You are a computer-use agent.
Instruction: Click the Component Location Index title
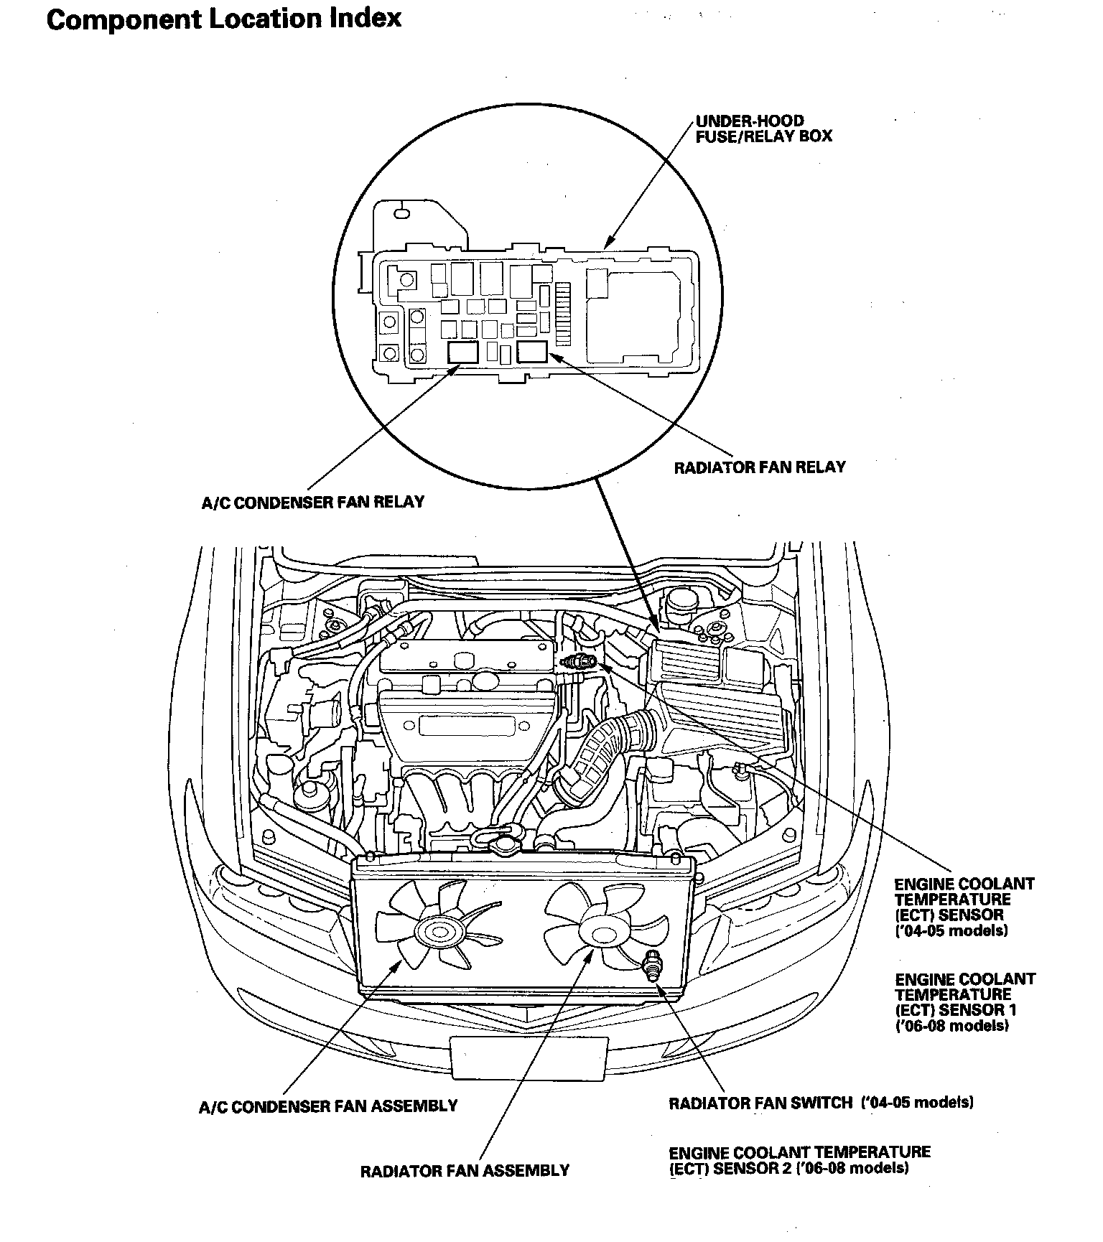click(x=223, y=19)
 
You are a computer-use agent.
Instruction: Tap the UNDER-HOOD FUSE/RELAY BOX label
click(x=763, y=129)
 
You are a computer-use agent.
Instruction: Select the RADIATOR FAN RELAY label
click(x=760, y=467)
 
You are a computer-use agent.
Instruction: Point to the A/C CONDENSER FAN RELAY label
click(x=312, y=502)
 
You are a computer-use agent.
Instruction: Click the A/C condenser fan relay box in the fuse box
click(x=461, y=352)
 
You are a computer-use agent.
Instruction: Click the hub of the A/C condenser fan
click(x=438, y=933)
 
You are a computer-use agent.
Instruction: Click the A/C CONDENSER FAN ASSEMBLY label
click(x=328, y=1106)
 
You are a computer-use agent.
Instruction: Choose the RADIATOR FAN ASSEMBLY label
click(x=465, y=1171)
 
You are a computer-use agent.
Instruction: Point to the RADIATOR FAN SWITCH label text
click(x=760, y=1103)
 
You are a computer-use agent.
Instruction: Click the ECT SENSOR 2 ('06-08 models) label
click(x=799, y=1160)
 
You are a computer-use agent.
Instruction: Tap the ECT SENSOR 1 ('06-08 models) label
click(x=964, y=1002)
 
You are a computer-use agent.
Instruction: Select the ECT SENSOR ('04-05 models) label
click(x=963, y=907)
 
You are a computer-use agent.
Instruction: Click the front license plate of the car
click(x=529, y=1057)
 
